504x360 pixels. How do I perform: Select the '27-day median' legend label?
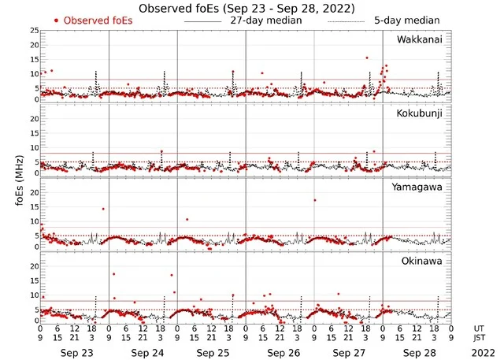pyautogui.click(x=266, y=20)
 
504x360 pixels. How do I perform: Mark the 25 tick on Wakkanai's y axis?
pyautogui.click(x=33, y=30)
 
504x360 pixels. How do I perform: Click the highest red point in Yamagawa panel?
pyautogui.click(x=314, y=200)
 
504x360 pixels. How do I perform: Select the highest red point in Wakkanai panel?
pyautogui.click(x=366, y=58)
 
